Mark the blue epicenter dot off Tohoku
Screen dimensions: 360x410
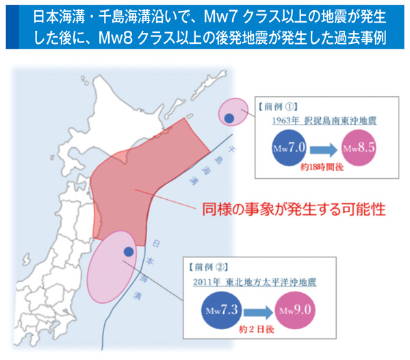(x=128, y=251)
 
